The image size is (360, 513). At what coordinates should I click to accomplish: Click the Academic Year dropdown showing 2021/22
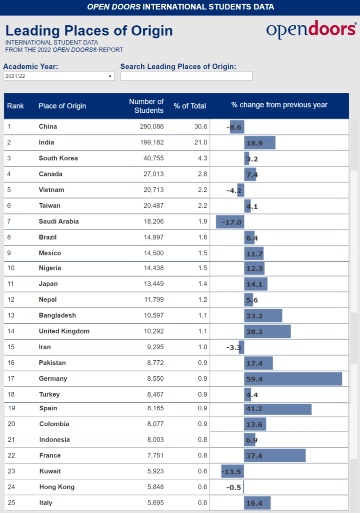[59, 76]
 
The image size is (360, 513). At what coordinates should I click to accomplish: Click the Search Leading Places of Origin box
[186, 76]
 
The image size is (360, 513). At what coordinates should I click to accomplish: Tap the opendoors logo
[311, 29]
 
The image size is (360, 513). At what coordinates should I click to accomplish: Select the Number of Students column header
[146, 106]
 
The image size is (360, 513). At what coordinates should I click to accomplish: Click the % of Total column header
[190, 106]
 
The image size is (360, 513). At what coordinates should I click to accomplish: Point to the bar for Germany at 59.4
[293, 379]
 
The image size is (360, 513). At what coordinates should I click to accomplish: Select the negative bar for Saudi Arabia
[230, 222]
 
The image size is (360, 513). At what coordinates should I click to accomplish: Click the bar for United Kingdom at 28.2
[267, 331]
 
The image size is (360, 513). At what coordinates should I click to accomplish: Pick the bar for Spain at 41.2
[277, 409]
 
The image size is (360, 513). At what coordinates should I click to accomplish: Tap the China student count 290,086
[151, 127]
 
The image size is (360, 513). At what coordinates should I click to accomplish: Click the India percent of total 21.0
[201, 143]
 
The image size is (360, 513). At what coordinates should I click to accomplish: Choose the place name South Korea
[58, 158]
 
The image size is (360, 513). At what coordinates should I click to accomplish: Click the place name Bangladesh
[57, 315]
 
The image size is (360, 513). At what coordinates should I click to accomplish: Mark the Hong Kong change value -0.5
[233, 487]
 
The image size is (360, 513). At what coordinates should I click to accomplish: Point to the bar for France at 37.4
[275, 456]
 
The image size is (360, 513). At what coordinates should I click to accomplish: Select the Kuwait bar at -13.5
[232, 471]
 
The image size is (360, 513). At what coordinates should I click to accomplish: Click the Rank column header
[16, 106]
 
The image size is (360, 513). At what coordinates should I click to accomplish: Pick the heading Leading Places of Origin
[89, 31]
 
